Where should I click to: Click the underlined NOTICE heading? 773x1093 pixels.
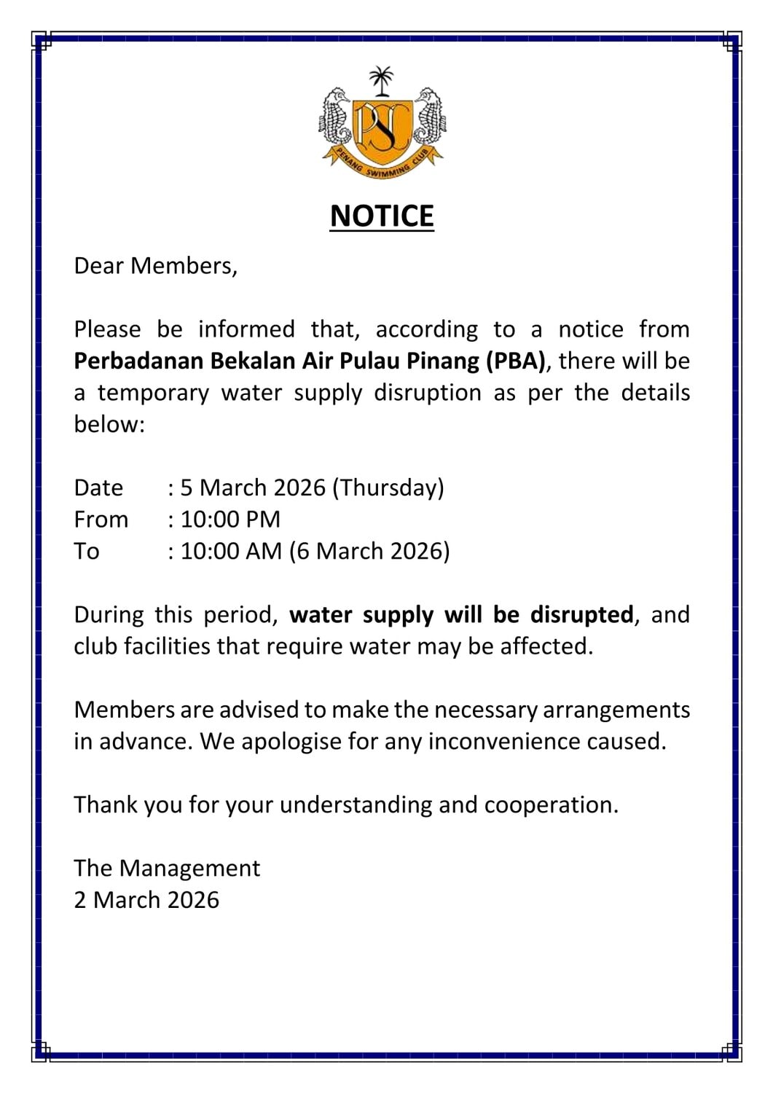(382, 216)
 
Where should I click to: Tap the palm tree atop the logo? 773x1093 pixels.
(380, 79)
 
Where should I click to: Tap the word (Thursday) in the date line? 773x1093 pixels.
(388, 487)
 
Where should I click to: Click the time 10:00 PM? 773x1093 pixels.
(230, 520)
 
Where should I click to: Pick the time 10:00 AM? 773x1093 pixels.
(231, 551)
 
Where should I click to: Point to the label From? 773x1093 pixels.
(101, 520)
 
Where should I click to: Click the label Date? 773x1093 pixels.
(98, 487)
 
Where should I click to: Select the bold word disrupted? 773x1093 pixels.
(581, 615)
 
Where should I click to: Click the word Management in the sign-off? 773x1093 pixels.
(189, 869)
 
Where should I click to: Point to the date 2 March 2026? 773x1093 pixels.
(146, 900)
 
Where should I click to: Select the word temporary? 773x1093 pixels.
(153, 393)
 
